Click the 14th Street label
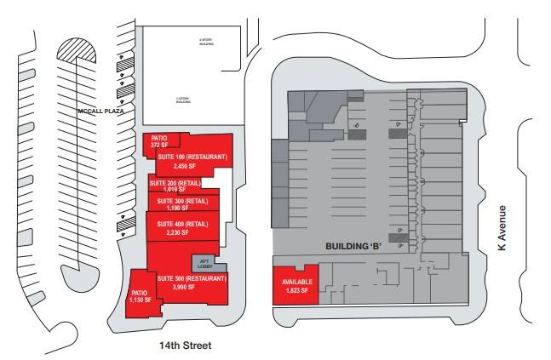pyautogui.click(x=183, y=346)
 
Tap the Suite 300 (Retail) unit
pyautogui.click(x=184, y=203)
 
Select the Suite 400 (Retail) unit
pyautogui.click(x=185, y=227)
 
